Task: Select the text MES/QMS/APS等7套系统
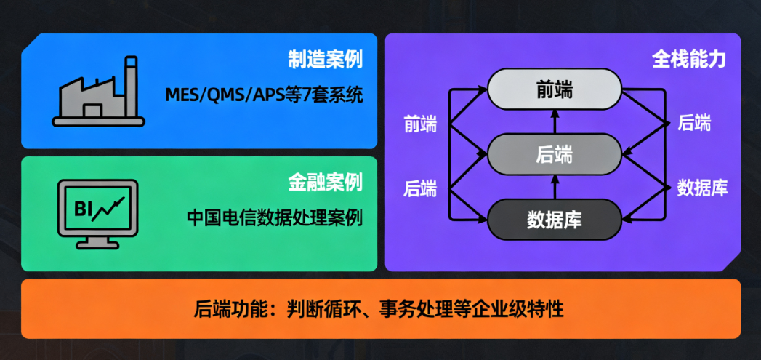[x=263, y=95]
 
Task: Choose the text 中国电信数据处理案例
[x=274, y=217]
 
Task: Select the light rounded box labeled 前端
[x=555, y=89]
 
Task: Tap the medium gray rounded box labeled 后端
[x=555, y=153]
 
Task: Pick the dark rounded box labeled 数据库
[x=555, y=217]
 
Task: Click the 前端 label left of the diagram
[x=420, y=124]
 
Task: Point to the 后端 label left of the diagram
[x=420, y=188]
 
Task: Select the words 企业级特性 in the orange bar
[x=521, y=308]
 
